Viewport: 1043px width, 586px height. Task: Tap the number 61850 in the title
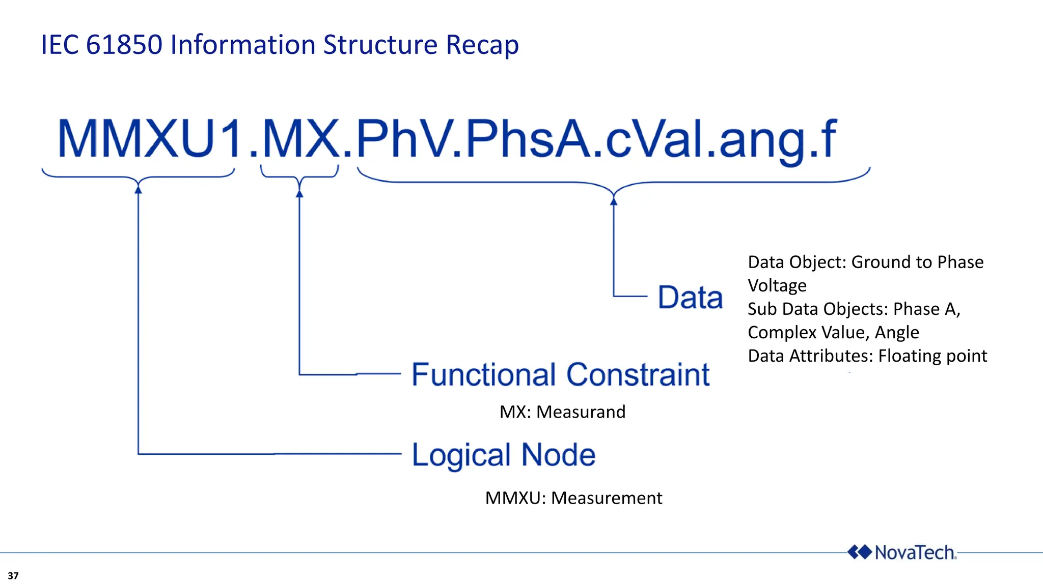point(124,45)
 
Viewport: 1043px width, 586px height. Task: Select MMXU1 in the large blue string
point(150,139)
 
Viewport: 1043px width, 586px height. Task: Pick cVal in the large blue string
point(658,139)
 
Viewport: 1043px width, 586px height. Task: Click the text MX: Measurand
point(562,412)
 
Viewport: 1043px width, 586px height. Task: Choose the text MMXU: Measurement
point(573,497)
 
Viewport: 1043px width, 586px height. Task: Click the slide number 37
point(13,576)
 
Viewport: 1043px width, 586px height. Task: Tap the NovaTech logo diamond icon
point(859,552)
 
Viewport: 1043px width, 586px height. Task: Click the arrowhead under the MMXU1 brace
point(138,189)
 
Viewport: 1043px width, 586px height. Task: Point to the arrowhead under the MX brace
point(299,193)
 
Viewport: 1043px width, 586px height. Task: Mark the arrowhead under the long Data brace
point(614,201)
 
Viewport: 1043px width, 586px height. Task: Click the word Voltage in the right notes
point(777,285)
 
